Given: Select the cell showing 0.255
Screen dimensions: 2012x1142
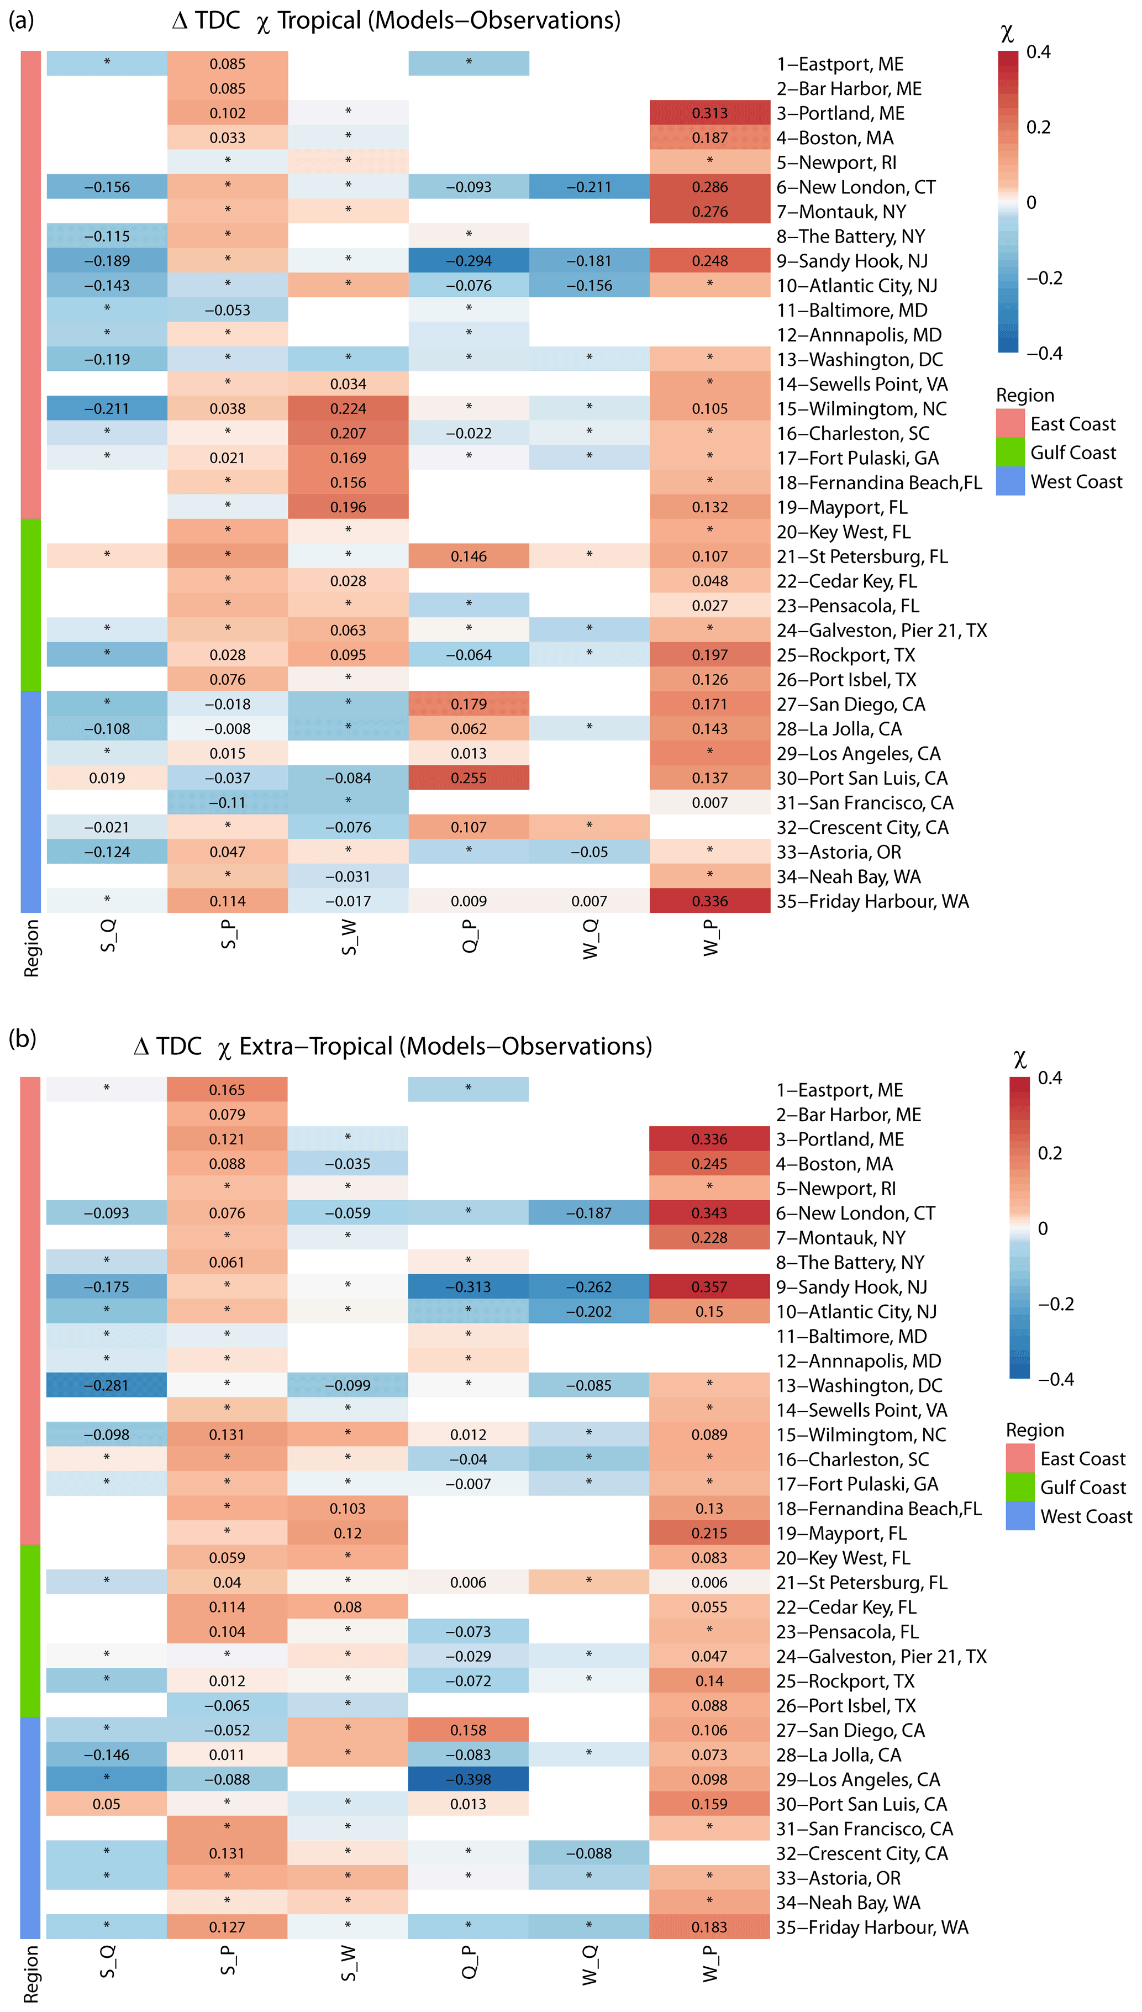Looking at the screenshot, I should (x=469, y=778).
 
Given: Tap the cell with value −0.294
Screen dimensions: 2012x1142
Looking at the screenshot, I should (x=469, y=260).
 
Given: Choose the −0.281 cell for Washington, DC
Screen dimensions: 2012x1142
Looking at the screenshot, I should (x=106, y=1385).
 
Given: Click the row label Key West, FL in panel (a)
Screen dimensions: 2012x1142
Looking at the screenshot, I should (x=843, y=532).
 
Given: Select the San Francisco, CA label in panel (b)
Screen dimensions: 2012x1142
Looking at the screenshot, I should (x=864, y=1829).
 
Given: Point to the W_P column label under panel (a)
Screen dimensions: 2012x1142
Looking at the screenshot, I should (x=711, y=938).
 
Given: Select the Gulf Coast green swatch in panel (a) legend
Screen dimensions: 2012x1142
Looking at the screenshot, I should (x=1010, y=453).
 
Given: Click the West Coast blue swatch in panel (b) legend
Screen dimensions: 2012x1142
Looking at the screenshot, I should (x=1020, y=1516).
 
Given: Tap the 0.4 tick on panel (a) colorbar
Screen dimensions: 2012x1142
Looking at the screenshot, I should (x=1039, y=52).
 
